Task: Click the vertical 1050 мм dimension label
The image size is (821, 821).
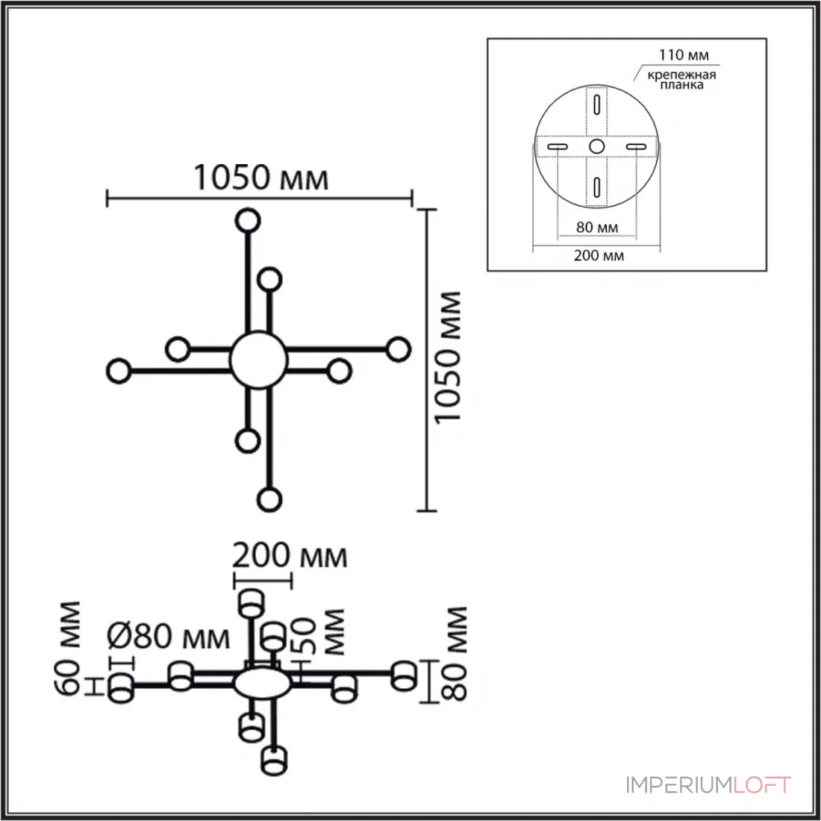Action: [448, 357]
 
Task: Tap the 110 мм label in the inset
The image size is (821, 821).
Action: [683, 54]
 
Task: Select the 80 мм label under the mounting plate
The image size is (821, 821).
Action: [597, 227]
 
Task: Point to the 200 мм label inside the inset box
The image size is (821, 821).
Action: [599, 255]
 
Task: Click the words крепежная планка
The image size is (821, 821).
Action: [681, 80]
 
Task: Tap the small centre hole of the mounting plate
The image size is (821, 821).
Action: [596, 146]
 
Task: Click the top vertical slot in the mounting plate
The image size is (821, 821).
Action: [596, 104]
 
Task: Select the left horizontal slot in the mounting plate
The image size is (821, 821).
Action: [557, 146]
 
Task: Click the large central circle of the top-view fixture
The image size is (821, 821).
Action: [259, 360]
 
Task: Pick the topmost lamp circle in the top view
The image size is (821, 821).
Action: [248, 220]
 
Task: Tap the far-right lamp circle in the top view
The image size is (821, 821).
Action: [399, 349]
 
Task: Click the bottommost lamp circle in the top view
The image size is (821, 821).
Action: [269, 499]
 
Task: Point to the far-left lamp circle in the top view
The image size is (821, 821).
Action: [119, 371]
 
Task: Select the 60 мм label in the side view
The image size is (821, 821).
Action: [69, 648]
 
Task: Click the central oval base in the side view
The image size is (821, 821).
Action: [262, 684]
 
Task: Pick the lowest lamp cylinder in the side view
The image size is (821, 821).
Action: [275, 761]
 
